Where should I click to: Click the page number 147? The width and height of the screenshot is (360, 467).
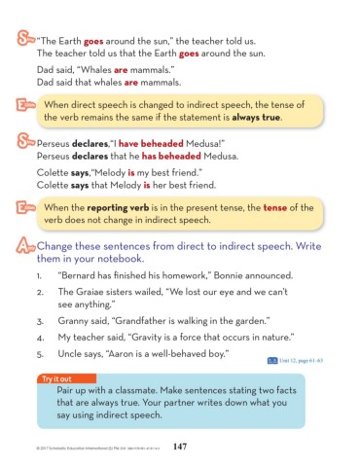pyautogui.click(x=178, y=447)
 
